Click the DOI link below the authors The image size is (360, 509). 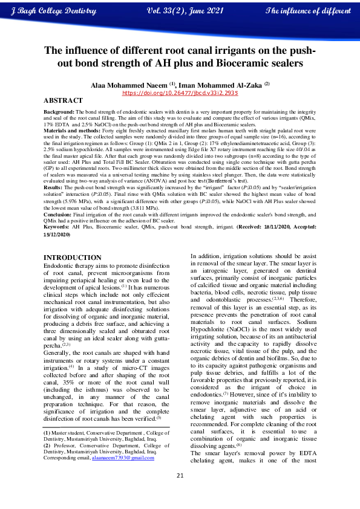coord(180,94)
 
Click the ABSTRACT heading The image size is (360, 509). coord(64,100)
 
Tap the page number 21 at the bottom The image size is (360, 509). coord(180,491)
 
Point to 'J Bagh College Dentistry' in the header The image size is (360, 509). coord(54,11)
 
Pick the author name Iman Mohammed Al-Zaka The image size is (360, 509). coord(218,85)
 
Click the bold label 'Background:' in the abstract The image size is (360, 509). coord(59,112)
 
